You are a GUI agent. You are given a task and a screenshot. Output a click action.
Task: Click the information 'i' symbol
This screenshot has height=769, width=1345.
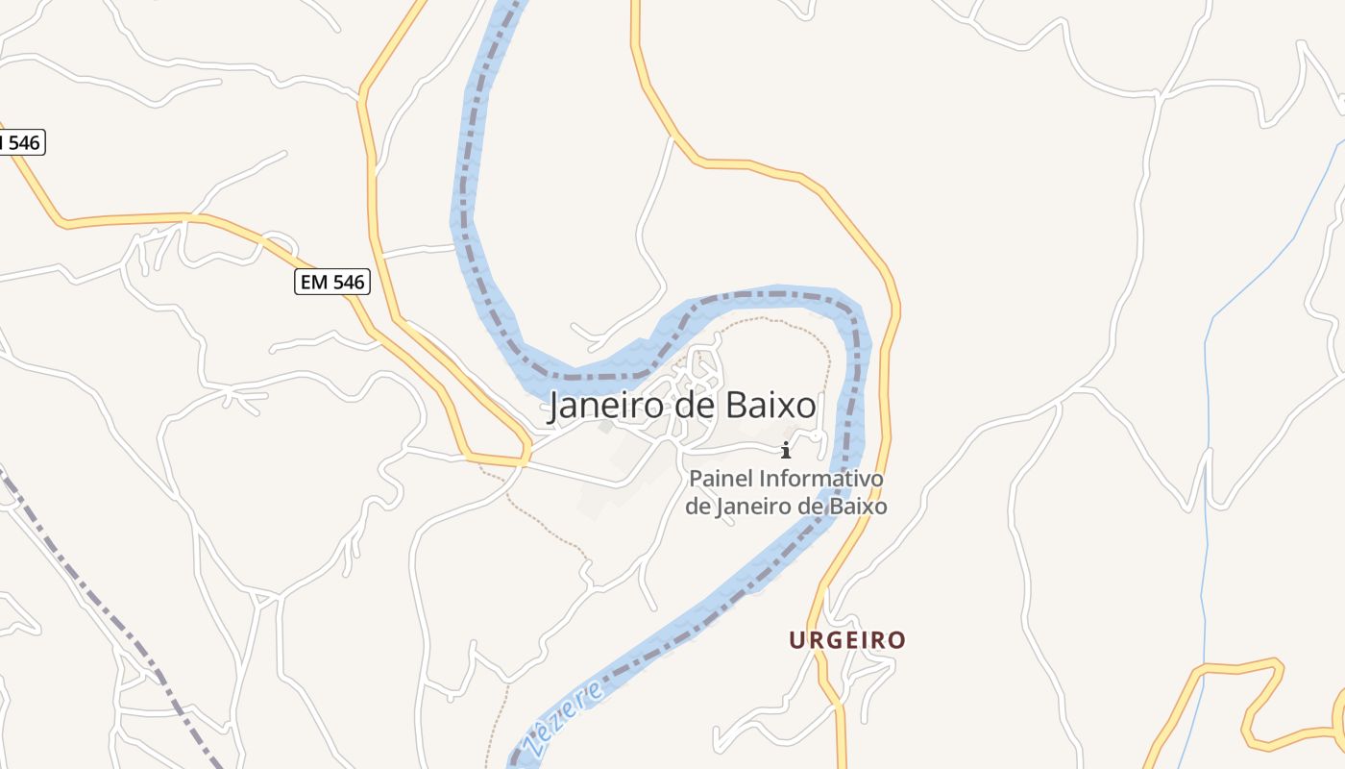click(786, 449)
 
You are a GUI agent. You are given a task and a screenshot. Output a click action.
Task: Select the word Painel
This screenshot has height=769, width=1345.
click(721, 478)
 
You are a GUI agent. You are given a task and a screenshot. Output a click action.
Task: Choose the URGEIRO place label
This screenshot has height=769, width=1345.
click(847, 640)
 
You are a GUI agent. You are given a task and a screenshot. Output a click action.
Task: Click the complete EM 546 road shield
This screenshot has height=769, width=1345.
click(331, 282)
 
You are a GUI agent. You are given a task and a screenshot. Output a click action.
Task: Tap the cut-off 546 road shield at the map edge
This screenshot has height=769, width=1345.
click(21, 142)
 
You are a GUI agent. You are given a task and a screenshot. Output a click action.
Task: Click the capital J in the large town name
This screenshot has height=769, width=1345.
click(554, 408)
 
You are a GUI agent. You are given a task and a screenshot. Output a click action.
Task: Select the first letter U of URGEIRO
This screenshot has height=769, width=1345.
click(796, 640)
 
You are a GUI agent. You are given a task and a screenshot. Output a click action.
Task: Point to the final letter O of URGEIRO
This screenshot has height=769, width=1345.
click(897, 640)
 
